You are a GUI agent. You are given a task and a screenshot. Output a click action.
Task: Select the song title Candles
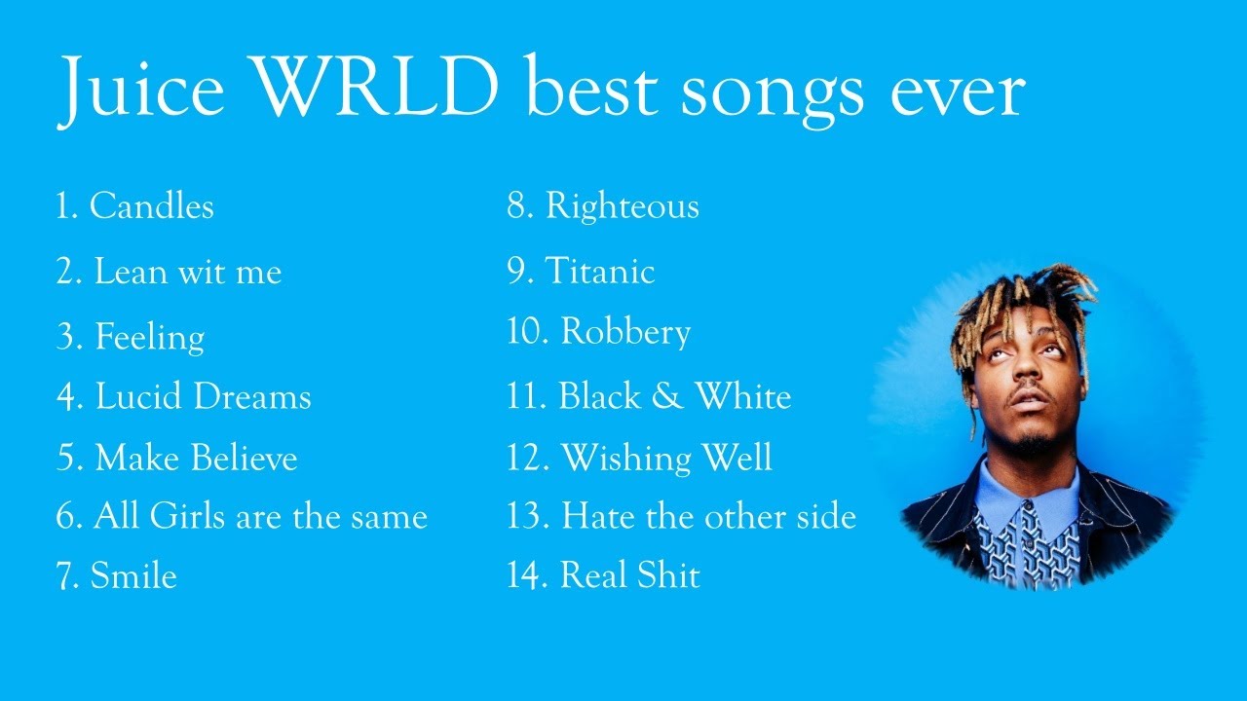point(151,206)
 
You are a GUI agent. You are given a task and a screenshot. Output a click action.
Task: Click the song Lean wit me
point(187,272)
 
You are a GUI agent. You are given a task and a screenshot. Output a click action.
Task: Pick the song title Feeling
point(149,337)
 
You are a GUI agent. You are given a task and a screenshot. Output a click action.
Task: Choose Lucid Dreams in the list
point(203,397)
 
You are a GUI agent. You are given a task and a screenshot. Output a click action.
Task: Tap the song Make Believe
point(195,459)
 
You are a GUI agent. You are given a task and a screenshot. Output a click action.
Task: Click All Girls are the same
point(260,517)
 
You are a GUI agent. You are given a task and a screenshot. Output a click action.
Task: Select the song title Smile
point(132,576)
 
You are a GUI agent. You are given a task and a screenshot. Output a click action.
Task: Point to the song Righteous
point(622,206)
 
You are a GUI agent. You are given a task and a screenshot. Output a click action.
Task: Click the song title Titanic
point(599,272)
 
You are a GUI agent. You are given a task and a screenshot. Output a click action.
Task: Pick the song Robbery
point(625,333)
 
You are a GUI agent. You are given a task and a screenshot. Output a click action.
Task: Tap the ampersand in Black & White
point(667,397)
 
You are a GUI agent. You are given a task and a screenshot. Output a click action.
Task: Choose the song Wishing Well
point(666,459)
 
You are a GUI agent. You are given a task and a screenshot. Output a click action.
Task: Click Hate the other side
point(708,517)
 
